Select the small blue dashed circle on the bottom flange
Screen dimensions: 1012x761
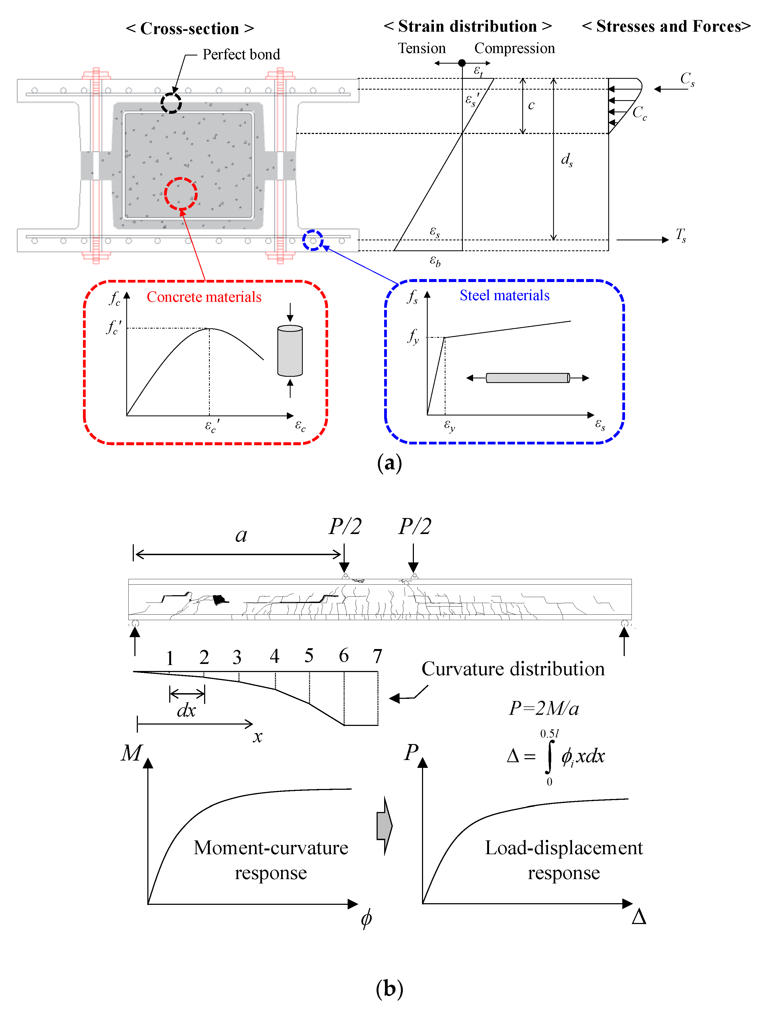click(x=313, y=240)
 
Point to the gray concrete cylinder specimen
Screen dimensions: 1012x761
click(x=290, y=351)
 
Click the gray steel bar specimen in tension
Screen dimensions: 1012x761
click(x=527, y=378)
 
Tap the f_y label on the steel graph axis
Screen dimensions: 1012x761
click(x=413, y=337)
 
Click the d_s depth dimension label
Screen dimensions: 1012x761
click(x=566, y=160)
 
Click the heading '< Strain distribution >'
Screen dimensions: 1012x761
click(x=468, y=27)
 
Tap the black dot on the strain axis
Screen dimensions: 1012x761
click(x=462, y=63)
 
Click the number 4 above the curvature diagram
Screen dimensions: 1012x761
click(x=274, y=656)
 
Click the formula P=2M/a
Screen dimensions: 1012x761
click(x=544, y=708)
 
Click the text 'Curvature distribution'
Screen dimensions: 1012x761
click(x=513, y=669)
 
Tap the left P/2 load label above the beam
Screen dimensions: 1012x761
click(x=345, y=527)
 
